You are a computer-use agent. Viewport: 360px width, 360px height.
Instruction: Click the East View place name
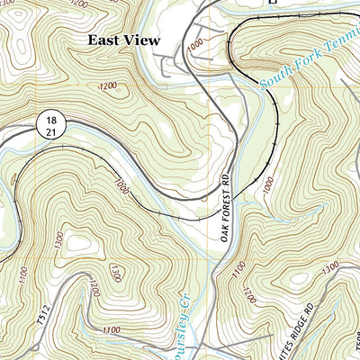coord(123,40)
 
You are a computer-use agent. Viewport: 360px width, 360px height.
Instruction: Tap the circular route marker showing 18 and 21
coord(50,125)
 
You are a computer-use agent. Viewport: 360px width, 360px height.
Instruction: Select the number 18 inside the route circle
coord(50,119)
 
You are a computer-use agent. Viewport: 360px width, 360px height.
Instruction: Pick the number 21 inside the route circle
coord(50,131)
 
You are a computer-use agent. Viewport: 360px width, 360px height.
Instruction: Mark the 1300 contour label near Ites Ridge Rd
coord(329,268)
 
